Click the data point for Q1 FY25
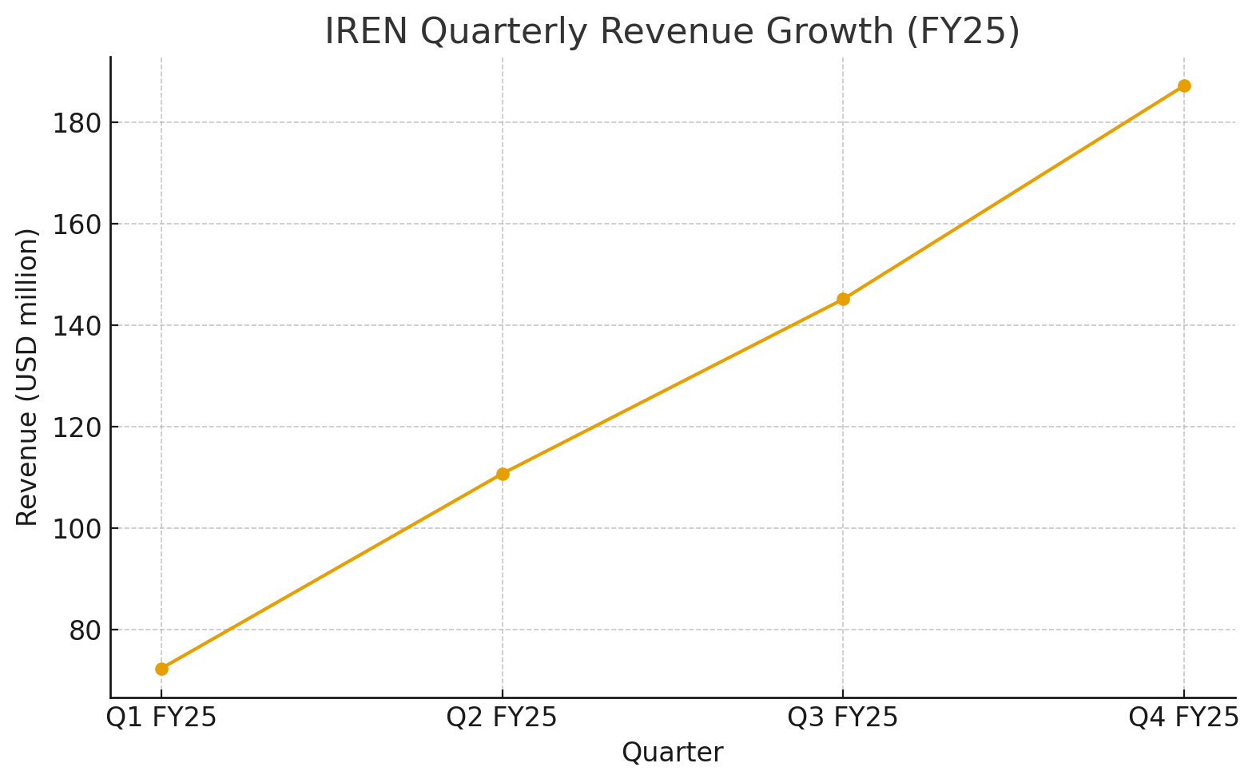coord(161,669)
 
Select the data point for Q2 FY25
coord(503,474)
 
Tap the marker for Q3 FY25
coord(843,300)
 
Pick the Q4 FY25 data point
coord(1184,86)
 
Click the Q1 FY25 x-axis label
coord(161,717)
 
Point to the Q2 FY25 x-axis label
coord(503,717)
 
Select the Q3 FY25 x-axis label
coord(843,717)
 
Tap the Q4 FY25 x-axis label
coord(1184,717)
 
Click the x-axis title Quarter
coord(673,753)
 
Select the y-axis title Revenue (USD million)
coord(27,377)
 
